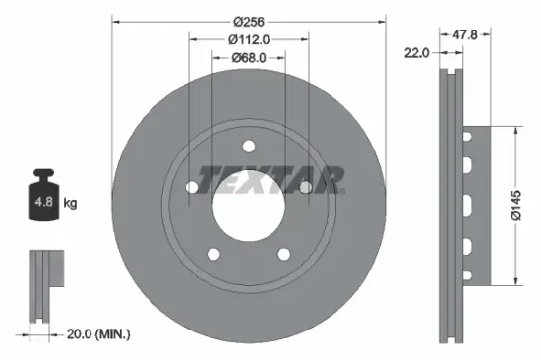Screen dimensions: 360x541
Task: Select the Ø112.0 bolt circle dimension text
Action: point(248,39)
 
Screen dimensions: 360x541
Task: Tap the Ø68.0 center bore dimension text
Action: point(248,58)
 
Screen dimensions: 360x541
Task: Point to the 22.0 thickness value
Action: point(417,53)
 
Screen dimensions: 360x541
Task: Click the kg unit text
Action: point(70,204)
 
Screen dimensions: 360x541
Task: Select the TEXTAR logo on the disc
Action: point(271,179)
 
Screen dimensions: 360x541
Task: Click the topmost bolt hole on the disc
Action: point(248,146)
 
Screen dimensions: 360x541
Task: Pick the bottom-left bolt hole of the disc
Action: point(212,254)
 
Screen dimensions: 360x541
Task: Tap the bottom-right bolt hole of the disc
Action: point(283,254)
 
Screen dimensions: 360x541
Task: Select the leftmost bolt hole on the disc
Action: point(191,187)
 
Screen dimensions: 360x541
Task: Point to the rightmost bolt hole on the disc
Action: point(306,187)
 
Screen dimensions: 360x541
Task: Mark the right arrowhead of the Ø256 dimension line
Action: point(384,19)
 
